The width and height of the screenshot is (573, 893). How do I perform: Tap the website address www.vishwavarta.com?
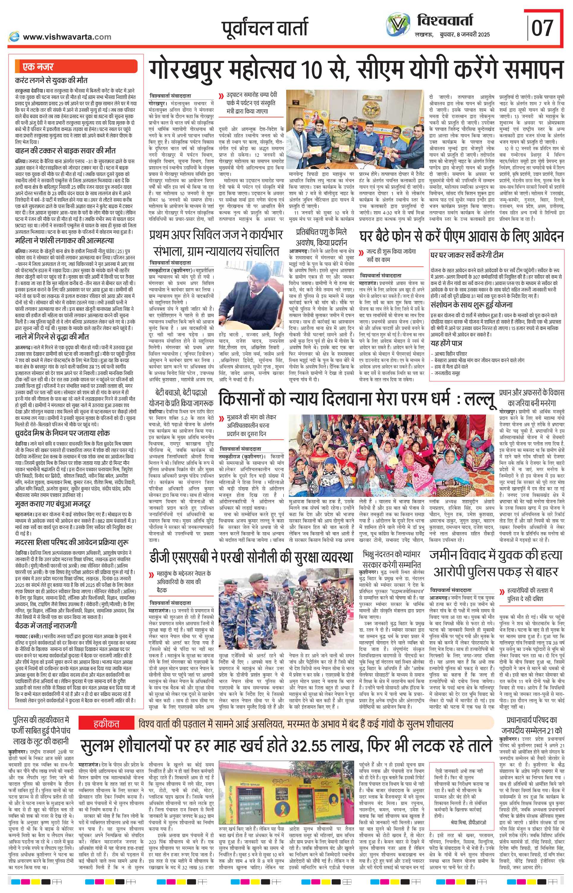(x=67, y=37)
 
